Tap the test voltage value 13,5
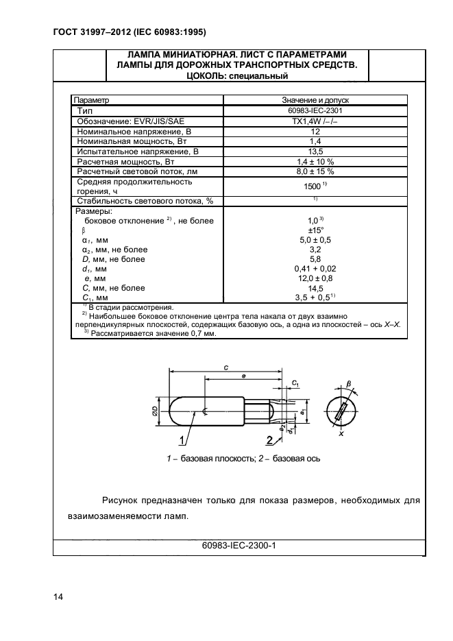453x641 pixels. coord(316,151)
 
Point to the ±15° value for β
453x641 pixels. coord(316,231)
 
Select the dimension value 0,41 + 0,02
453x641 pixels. coord(316,269)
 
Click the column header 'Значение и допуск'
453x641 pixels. coord(316,100)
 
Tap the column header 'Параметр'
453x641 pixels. coord(92,100)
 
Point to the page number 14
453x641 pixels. coord(58,597)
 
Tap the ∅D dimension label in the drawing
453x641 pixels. coord(156,411)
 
